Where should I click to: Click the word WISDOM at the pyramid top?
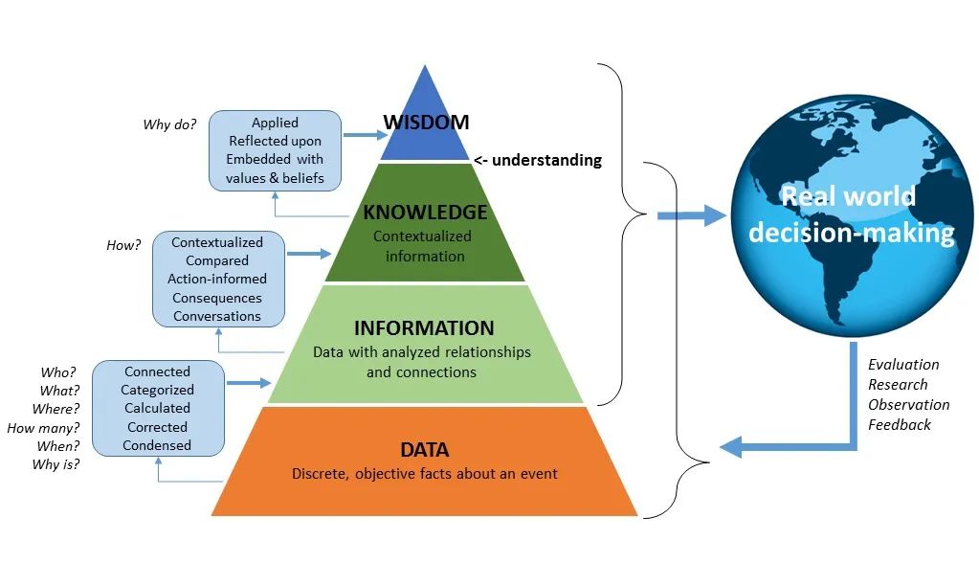point(426,122)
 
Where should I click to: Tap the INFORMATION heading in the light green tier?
point(424,328)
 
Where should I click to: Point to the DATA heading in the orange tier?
point(424,449)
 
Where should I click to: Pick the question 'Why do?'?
point(169,124)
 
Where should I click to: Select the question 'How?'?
point(123,245)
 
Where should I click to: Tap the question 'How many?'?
point(43,428)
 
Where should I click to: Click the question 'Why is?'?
point(56,465)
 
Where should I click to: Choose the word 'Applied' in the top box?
point(275,123)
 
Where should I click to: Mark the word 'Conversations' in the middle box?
point(217,316)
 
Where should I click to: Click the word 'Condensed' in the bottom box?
point(158,445)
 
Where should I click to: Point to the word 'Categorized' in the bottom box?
point(157,390)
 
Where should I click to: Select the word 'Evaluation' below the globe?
point(903,364)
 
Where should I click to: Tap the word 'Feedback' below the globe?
point(900,424)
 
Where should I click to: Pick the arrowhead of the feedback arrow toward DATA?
point(731,446)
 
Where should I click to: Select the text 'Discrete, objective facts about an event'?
point(424,474)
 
